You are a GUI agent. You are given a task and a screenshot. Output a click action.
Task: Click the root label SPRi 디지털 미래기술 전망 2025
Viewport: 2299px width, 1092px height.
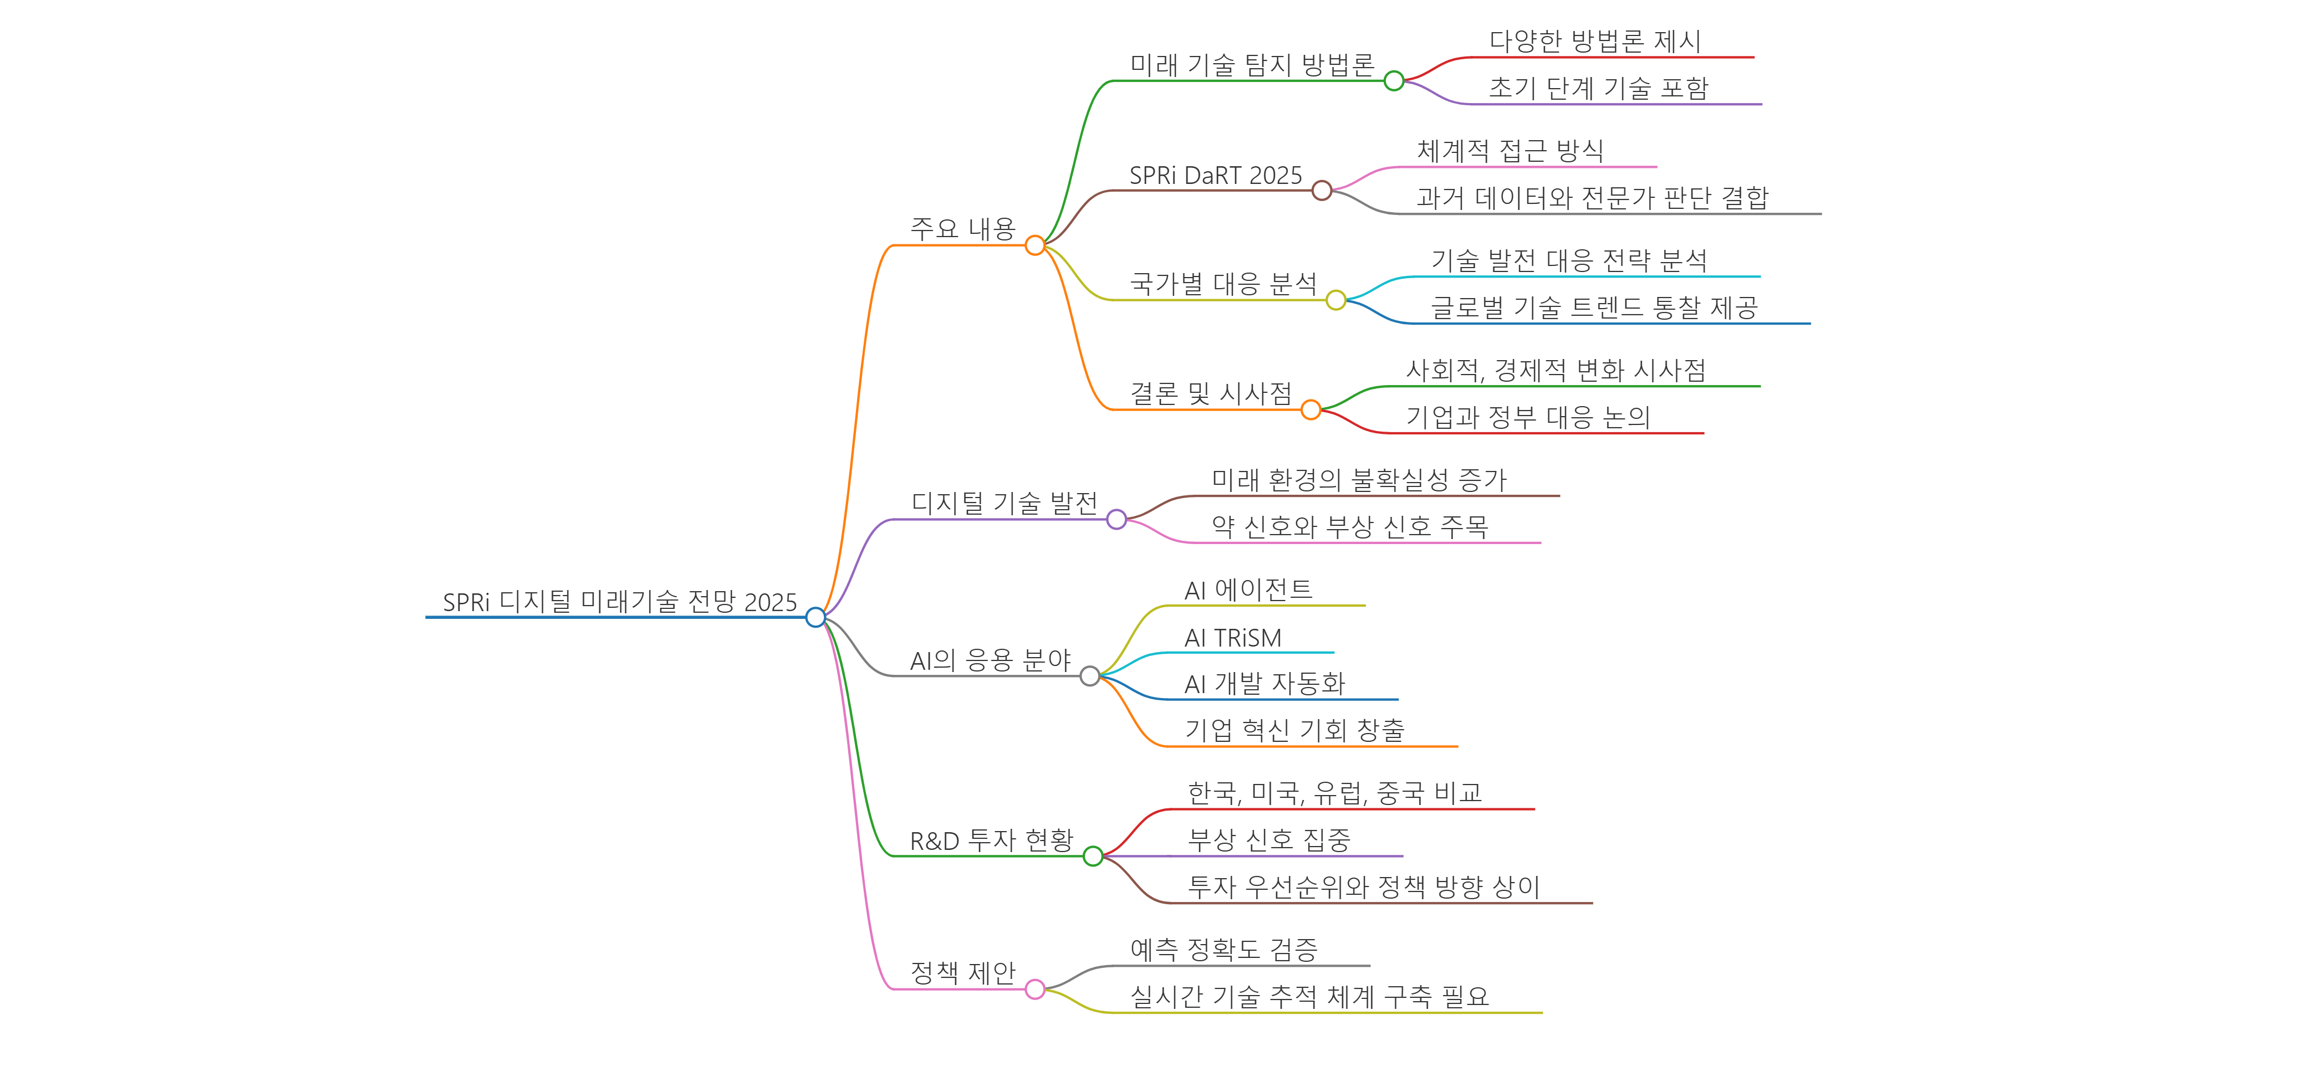[619, 602]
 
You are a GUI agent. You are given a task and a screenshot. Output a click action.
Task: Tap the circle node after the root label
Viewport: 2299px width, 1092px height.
[815, 617]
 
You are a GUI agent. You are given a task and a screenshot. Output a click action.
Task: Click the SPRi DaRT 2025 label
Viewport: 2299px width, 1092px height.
[1216, 176]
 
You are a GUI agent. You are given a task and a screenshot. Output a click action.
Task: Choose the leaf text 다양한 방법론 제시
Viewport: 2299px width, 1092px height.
[1595, 41]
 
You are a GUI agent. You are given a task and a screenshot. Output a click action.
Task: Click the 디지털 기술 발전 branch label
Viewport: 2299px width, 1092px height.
[1004, 503]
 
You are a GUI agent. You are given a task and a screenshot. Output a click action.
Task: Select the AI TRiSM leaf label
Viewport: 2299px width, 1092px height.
[1232, 638]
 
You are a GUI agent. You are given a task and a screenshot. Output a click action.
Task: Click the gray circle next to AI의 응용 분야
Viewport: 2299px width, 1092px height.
[1090, 676]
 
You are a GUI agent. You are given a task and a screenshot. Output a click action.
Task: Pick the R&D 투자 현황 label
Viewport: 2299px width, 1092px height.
[991, 840]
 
